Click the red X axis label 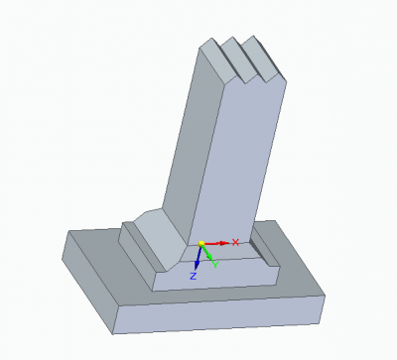[235, 242]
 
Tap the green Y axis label [215, 265]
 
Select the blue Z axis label [194, 276]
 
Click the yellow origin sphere [201, 244]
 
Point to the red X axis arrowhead [224, 243]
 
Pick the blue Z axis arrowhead [197, 265]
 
